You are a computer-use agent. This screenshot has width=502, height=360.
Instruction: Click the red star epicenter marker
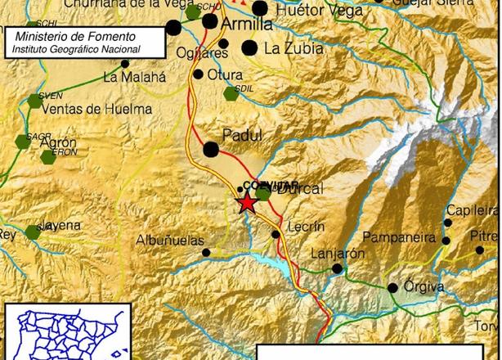(247, 204)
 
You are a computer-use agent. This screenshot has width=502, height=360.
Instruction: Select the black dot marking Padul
(211, 149)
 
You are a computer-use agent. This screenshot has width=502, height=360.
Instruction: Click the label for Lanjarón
(338, 254)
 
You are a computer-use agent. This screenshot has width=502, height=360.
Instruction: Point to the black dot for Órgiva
(393, 287)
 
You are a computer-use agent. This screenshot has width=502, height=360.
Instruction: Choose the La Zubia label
(294, 49)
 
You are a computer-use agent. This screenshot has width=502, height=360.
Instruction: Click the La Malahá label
(135, 78)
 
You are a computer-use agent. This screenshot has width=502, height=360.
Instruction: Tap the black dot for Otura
(198, 74)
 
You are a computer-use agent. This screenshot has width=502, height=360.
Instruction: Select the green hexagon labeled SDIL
(231, 94)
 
